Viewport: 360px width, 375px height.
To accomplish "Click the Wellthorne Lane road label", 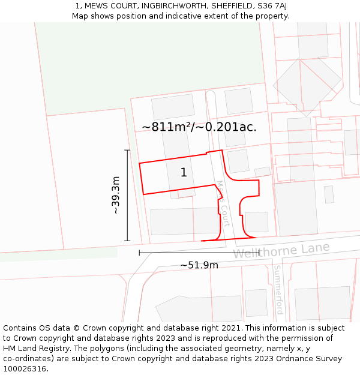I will point(281,250).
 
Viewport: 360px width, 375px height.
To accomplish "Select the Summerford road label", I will point(278,290).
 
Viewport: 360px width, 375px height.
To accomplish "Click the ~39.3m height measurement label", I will point(116,196).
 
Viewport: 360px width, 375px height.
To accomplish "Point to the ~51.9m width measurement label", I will point(199,265).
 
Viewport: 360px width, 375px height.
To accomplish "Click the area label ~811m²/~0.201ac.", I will point(199,127).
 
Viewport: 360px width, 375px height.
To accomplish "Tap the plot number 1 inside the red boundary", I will point(184,173).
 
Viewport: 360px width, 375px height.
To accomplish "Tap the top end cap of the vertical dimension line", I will point(127,150).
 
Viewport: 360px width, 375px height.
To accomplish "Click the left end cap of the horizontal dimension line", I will point(139,253).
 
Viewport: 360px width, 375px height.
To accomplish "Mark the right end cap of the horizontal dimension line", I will point(259,253).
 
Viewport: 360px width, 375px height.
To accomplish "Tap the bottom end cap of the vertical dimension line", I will point(127,241).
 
